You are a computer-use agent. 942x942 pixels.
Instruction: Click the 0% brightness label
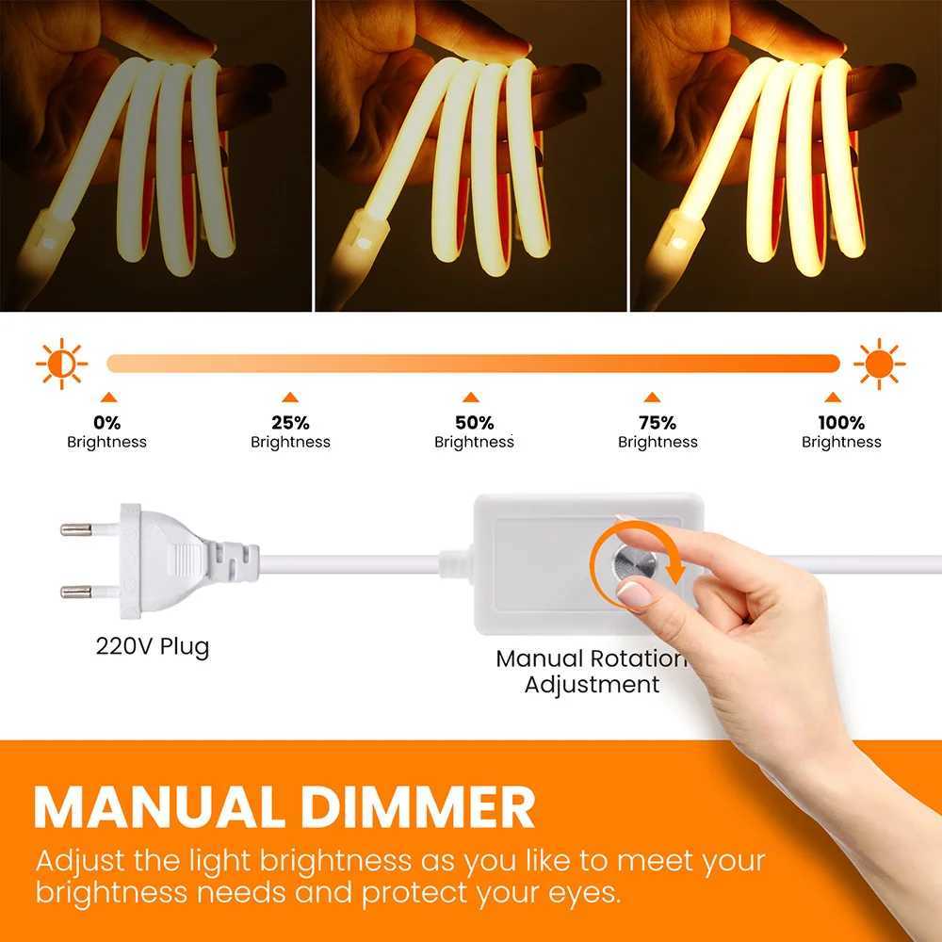pos(106,432)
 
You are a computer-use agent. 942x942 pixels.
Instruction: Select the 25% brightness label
pos(290,432)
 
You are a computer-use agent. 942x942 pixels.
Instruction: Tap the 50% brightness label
pos(474,432)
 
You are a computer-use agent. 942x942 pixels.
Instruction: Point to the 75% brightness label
pos(658,432)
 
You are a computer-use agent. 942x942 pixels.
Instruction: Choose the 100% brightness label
pos(841,432)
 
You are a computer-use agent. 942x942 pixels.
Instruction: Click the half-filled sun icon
pos(61,364)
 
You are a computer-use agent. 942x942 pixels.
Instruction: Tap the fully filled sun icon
pos(879,364)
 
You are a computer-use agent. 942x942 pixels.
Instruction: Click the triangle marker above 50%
pos(471,398)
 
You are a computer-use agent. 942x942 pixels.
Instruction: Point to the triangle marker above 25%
pos(289,398)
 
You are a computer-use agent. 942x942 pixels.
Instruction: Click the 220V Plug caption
pos(153,647)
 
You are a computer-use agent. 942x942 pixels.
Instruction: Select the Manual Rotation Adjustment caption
pos(592,672)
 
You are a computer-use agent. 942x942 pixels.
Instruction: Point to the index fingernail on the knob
pos(633,593)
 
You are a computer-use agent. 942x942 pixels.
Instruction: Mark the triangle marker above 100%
pos(833,398)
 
